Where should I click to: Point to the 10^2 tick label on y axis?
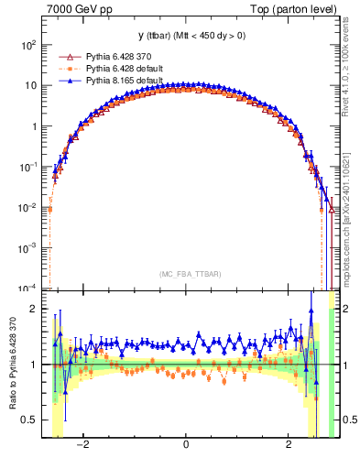(x=29, y=45)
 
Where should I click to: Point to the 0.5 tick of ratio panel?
(x=30, y=420)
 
